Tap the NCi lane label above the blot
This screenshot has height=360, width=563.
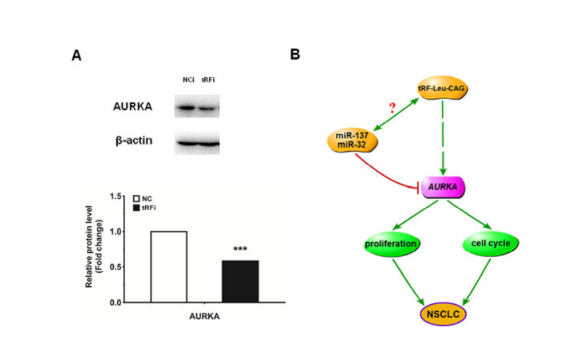pos(188,80)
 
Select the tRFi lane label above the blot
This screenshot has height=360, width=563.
pos(208,80)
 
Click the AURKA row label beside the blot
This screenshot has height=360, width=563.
pos(132,106)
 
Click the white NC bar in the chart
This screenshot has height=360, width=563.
pos(168,267)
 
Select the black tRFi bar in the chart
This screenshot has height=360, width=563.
pos(240,281)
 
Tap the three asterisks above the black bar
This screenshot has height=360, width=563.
pos(240,250)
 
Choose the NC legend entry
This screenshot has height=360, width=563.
pos(142,199)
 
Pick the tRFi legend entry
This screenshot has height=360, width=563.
pos(144,208)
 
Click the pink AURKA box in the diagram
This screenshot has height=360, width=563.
pos(443,188)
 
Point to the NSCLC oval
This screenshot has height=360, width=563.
pos(443,312)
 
